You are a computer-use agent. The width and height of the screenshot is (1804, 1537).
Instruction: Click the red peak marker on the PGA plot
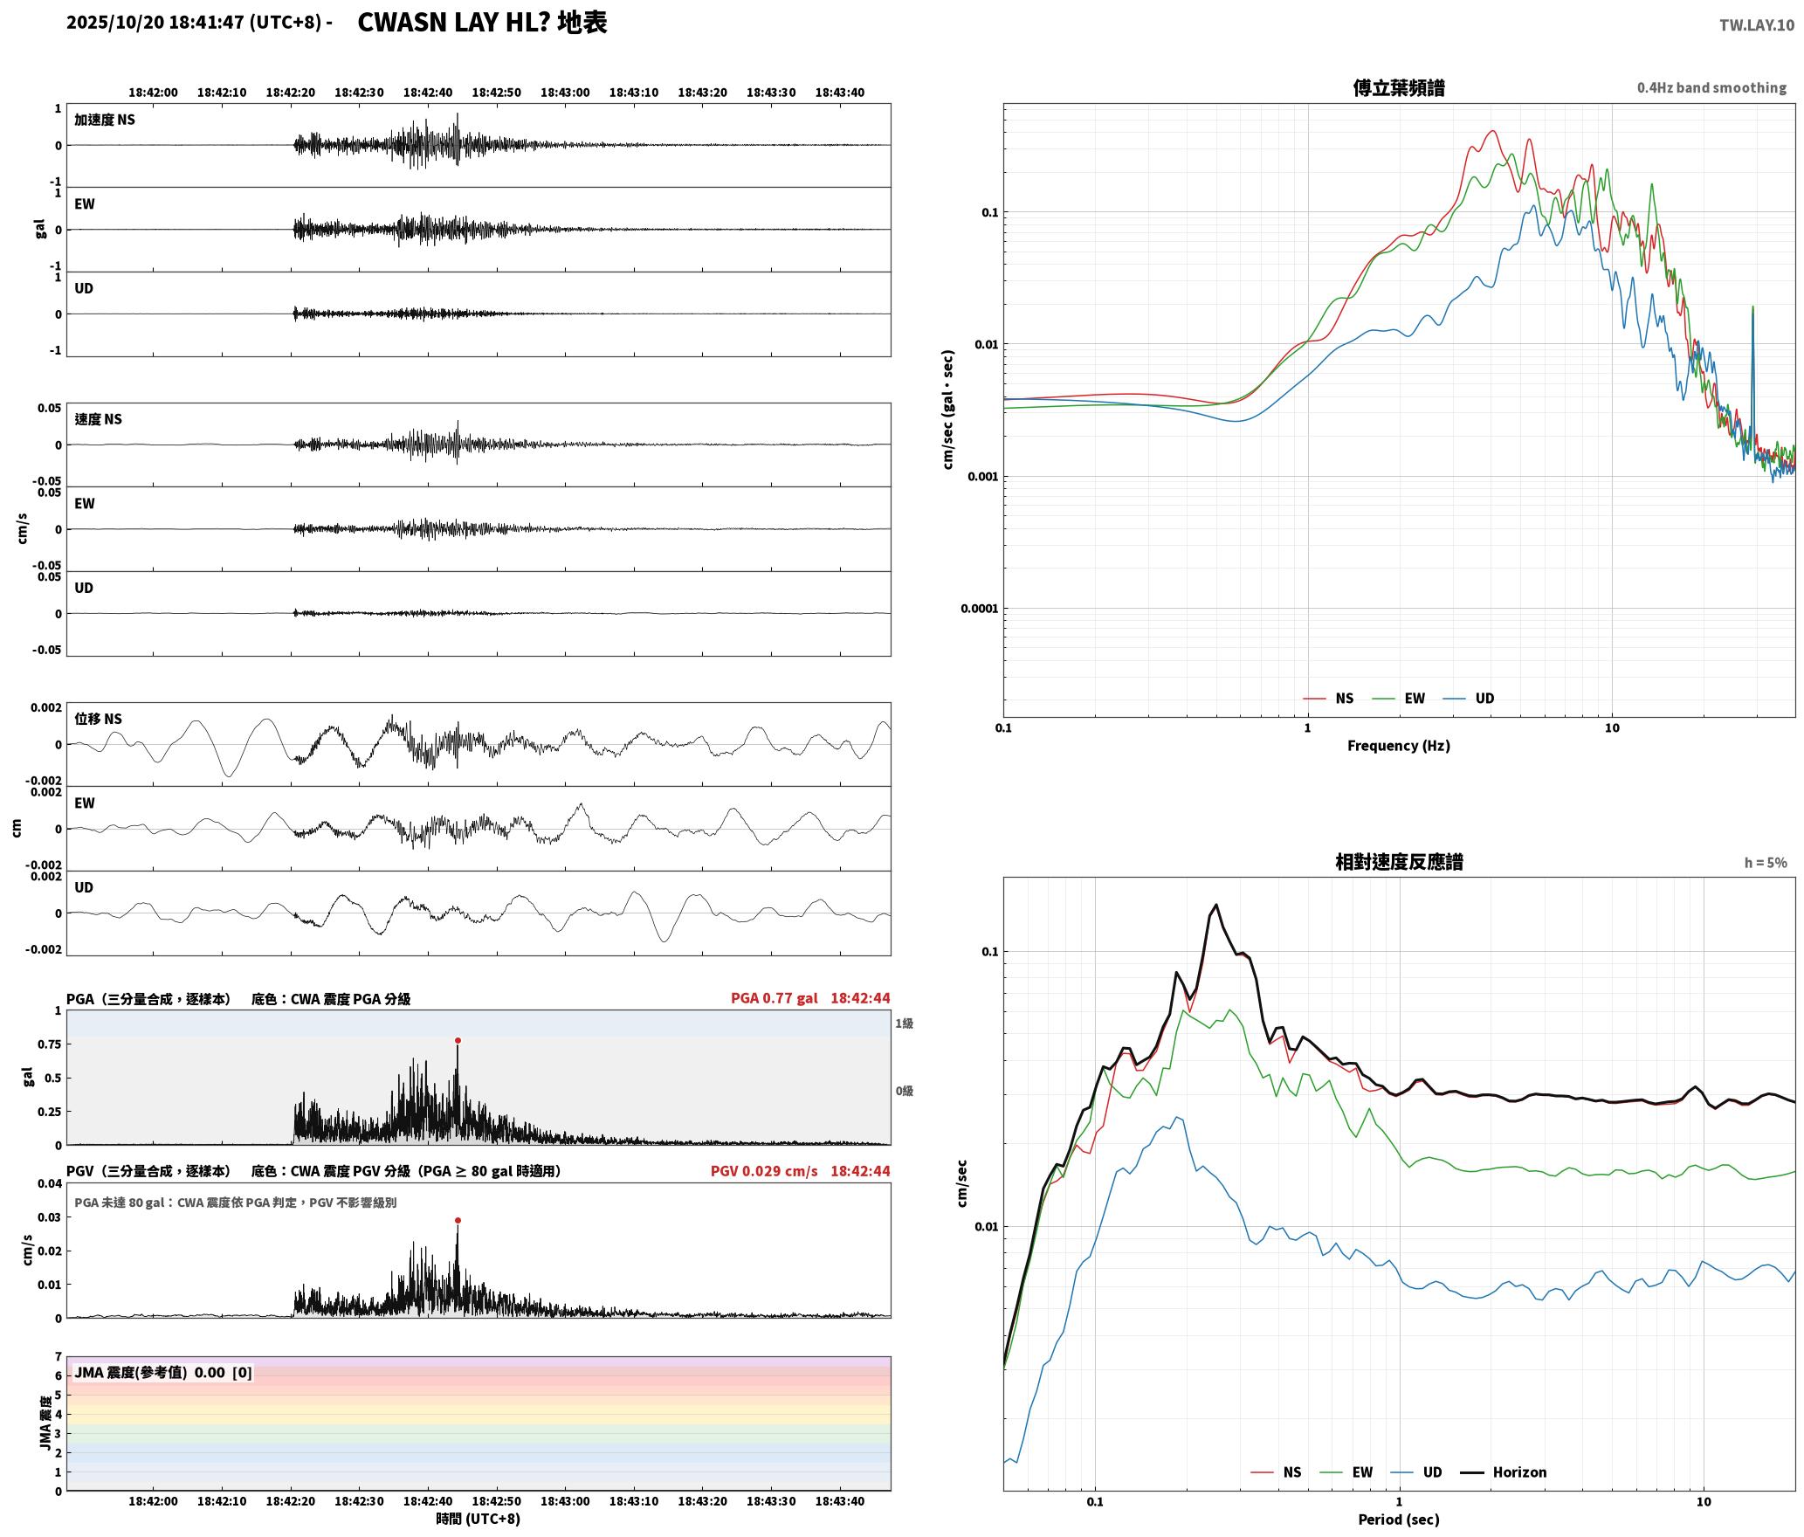pyautogui.click(x=458, y=1040)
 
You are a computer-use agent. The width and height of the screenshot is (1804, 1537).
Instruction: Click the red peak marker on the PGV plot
pyautogui.click(x=458, y=1220)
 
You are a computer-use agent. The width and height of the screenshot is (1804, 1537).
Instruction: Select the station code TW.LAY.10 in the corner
pyautogui.click(x=1757, y=24)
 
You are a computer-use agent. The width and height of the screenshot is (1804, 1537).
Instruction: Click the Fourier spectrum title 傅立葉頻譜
pyautogui.click(x=1398, y=87)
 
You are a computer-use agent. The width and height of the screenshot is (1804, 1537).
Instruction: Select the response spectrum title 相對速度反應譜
pyautogui.click(x=1398, y=861)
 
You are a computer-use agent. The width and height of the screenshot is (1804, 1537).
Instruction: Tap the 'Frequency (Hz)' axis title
pyautogui.click(x=1398, y=745)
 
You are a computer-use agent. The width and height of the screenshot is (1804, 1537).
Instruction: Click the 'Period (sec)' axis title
pyautogui.click(x=1398, y=1519)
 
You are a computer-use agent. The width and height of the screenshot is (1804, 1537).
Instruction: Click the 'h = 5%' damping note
pyautogui.click(x=1766, y=862)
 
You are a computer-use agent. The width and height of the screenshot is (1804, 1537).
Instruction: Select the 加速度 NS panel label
pyautogui.click(x=105, y=120)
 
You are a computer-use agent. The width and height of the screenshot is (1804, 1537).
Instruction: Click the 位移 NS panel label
pyautogui.click(x=98, y=719)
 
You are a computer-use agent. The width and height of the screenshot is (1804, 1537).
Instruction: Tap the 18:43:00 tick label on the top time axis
pyautogui.click(x=565, y=92)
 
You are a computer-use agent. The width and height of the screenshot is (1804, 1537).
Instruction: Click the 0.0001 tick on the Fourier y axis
pyautogui.click(x=978, y=608)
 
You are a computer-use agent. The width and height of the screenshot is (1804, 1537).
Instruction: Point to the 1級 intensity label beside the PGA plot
pyautogui.click(x=904, y=1023)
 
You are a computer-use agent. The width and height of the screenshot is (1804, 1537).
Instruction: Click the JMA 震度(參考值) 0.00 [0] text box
pyautogui.click(x=163, y=1372)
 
